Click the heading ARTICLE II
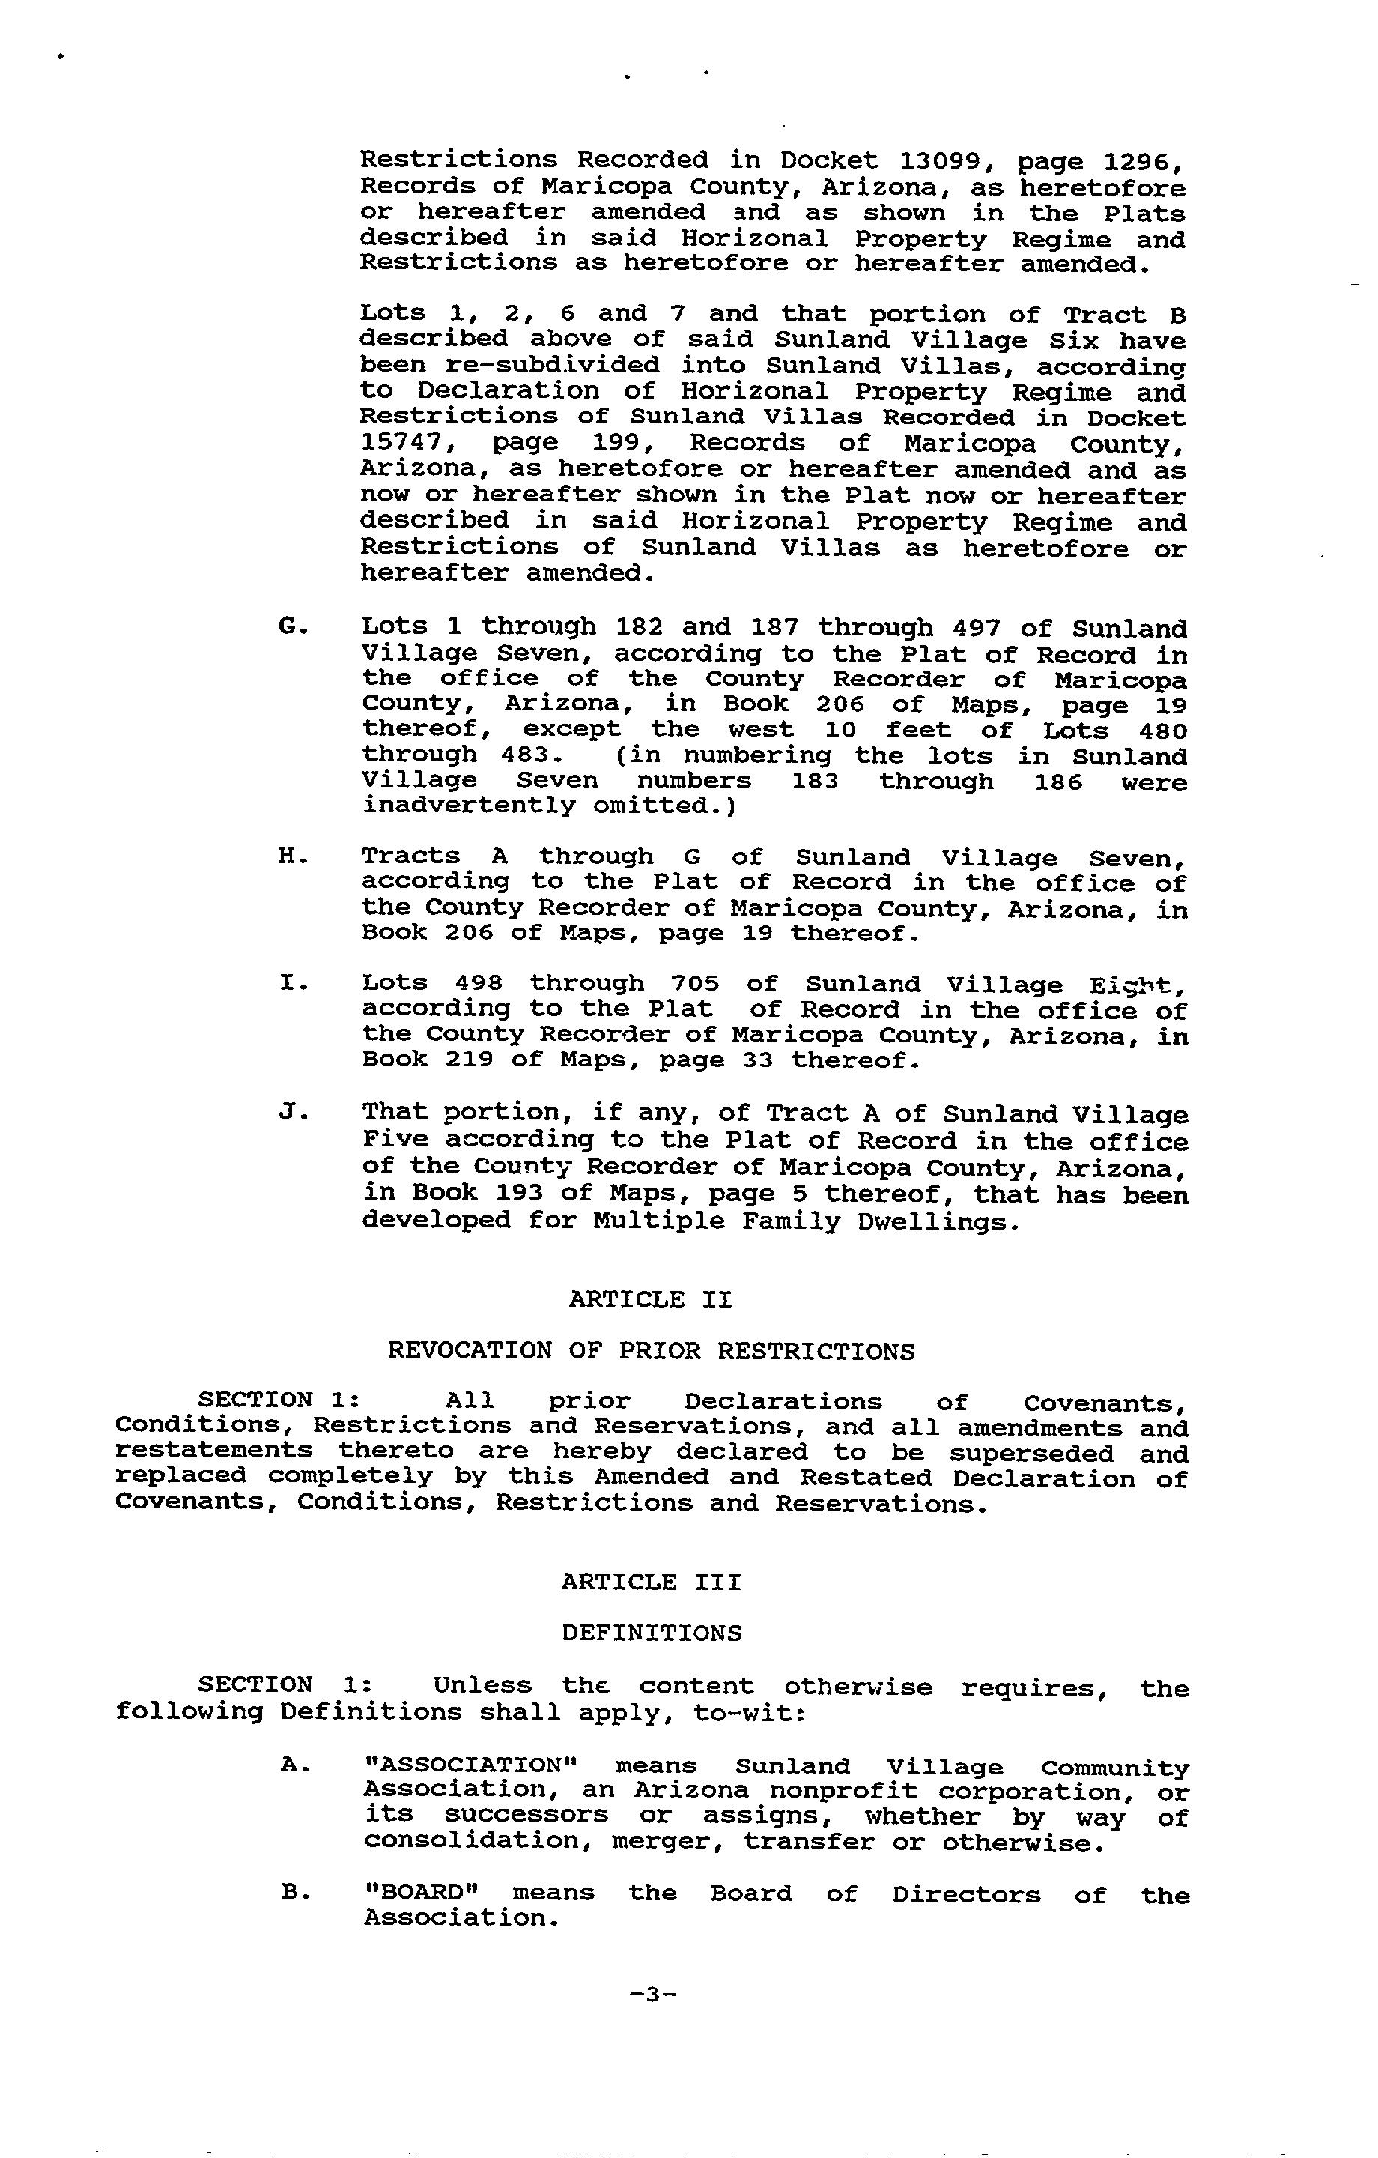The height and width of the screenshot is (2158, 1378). [x=651, y=1299]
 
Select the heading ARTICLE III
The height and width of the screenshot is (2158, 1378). [x=652, y=1583]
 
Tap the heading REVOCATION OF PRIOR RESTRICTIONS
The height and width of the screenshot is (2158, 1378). [x=652, y=1350]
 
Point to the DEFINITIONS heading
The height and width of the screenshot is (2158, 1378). [x=652, y=1633]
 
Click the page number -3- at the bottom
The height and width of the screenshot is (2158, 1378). [x=652, y=1995]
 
